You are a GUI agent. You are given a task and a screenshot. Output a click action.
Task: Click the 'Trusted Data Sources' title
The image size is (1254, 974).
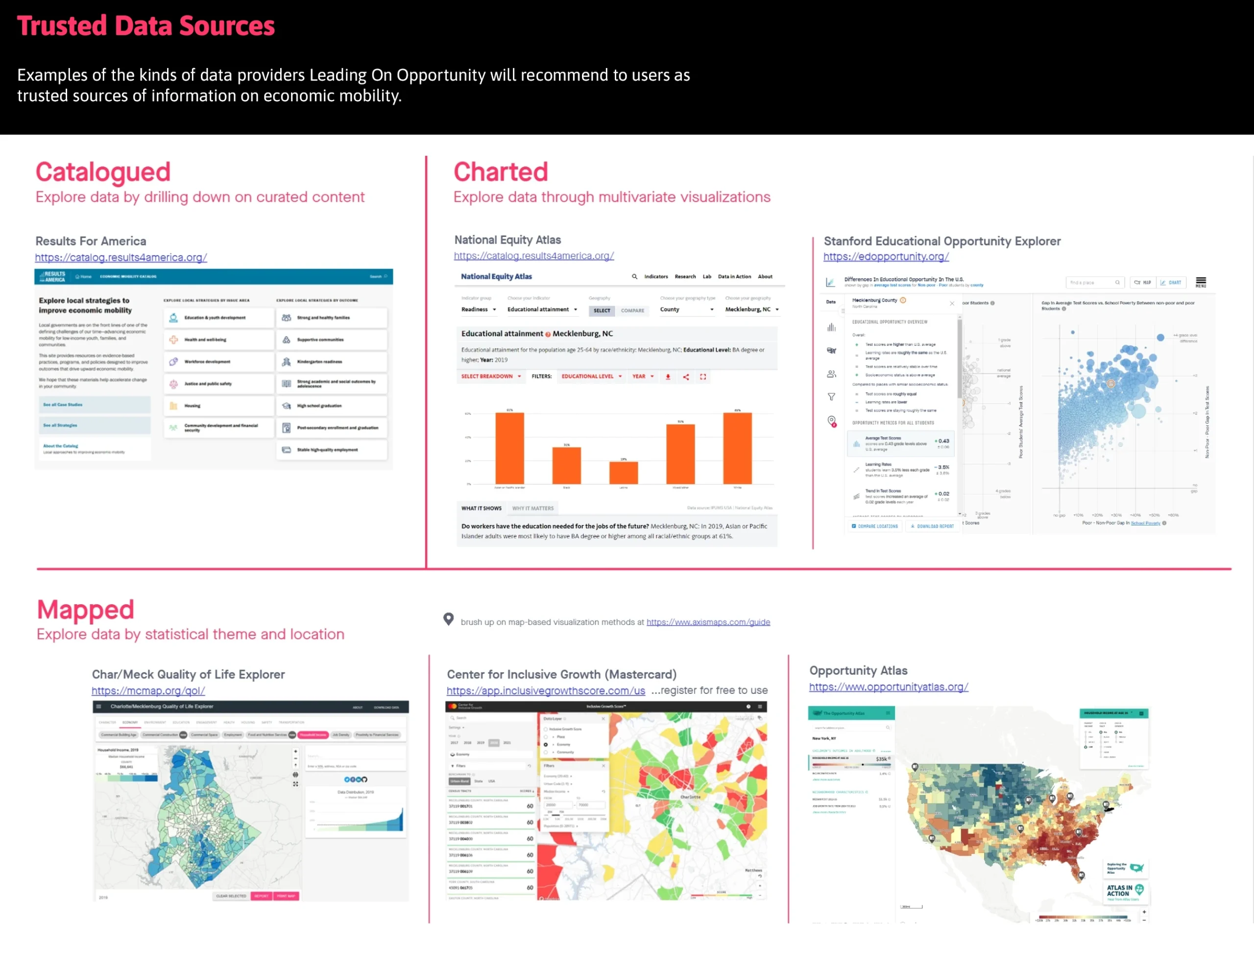point(146,26)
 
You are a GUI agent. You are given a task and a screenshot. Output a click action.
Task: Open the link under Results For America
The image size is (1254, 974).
point(121,258)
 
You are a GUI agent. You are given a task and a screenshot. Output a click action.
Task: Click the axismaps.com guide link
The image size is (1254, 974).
point(708,622)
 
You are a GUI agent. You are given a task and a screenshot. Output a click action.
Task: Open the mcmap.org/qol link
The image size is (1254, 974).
point(148,691)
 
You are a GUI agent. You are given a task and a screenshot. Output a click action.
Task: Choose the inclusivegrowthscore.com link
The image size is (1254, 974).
point(546,691)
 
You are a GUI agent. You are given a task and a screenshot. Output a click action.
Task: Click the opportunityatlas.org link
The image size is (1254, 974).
point(888,687)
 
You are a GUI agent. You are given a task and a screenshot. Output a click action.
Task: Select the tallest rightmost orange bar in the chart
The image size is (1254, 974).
point(737,448)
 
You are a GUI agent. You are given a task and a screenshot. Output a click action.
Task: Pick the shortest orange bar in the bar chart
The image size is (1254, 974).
point(624,473)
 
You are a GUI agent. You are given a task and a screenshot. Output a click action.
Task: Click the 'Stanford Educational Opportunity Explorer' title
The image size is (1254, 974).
point(941,241)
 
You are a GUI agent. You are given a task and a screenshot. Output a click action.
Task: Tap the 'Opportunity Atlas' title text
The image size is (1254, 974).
point(858,670)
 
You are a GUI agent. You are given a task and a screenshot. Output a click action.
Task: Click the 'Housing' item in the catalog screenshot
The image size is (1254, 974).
point(193,406)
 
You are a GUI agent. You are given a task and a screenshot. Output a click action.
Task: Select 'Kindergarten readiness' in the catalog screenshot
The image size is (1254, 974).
point(319,361)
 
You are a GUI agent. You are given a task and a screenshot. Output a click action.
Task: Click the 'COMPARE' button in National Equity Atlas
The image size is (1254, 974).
point(632,310)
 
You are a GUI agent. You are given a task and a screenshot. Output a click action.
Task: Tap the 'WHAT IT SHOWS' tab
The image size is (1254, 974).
point(481,508)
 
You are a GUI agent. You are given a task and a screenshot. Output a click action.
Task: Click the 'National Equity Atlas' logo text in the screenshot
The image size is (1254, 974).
point(496,277)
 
